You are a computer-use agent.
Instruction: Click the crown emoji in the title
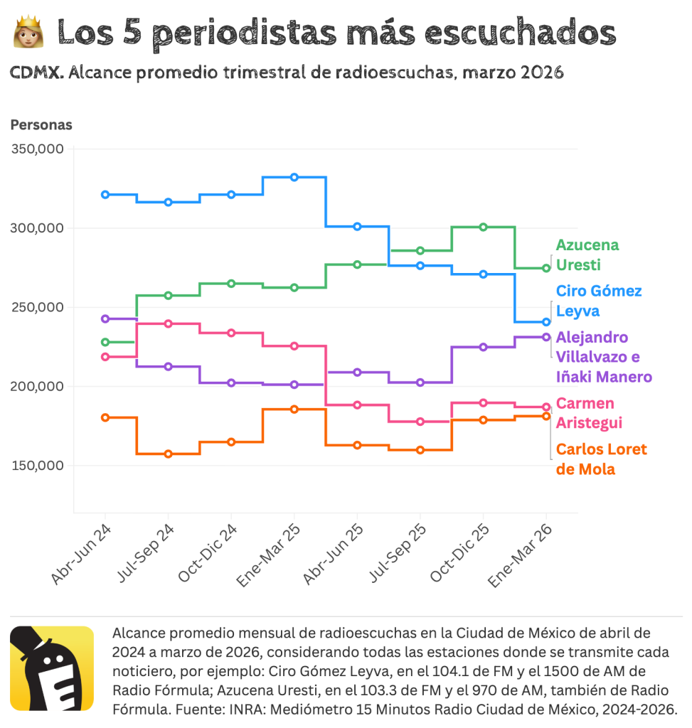point(29,33)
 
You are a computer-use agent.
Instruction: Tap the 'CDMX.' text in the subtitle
point(36,73)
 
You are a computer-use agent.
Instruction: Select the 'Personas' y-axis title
point(41,125)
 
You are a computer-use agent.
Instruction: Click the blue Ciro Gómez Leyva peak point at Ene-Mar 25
point(294,177)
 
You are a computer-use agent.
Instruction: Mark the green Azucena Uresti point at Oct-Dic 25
point(483,227)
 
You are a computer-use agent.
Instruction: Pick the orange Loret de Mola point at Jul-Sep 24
point(169,454)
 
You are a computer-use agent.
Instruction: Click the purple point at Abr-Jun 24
point(105,318)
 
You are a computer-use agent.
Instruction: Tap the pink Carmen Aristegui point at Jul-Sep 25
point(420,422)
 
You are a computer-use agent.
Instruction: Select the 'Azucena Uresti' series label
point(587,255)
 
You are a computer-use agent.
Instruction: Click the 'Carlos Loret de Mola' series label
point(601,459)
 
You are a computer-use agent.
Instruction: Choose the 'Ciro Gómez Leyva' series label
point(598,301)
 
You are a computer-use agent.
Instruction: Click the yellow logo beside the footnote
point(52,668)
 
